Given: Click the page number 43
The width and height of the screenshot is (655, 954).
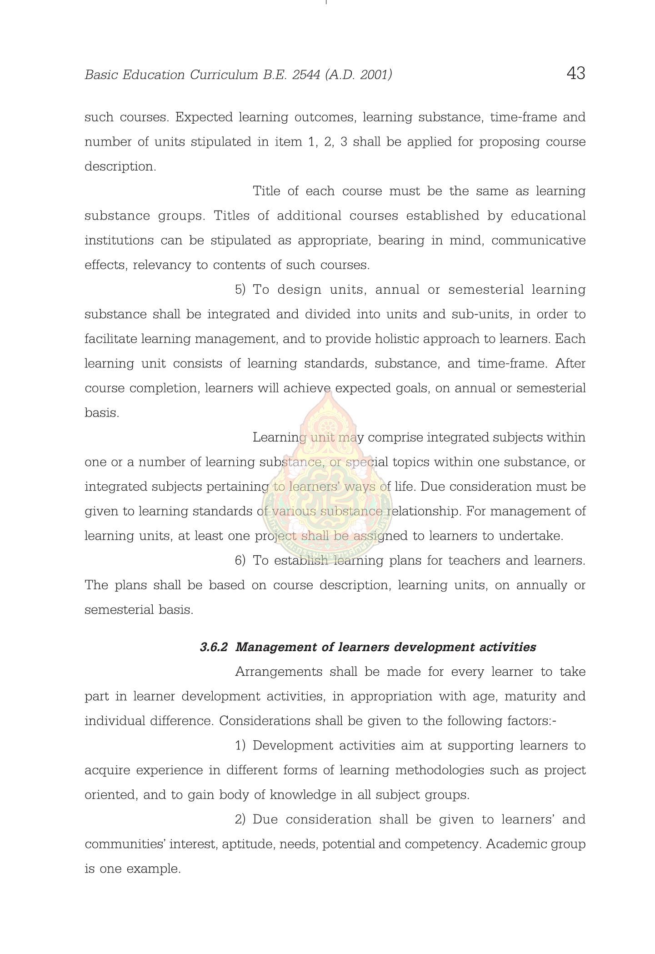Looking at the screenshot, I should (x=575, y=73).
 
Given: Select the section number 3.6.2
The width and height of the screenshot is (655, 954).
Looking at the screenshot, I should (x=213, y=647).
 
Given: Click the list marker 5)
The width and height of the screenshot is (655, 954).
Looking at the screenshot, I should (x=240, y=290).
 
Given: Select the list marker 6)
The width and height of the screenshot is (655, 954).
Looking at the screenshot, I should (x=240, y=561).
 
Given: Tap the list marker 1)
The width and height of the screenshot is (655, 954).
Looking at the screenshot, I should (x=240, y=746).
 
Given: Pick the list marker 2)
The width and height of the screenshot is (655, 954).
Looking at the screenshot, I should (x=240, y=819).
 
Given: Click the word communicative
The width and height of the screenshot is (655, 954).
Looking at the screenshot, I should (x=538, y=241).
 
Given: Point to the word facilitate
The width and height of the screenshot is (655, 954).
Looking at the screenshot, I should (x=110, y=339).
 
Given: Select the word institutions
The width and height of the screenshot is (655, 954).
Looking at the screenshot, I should (x=119, y=241).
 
